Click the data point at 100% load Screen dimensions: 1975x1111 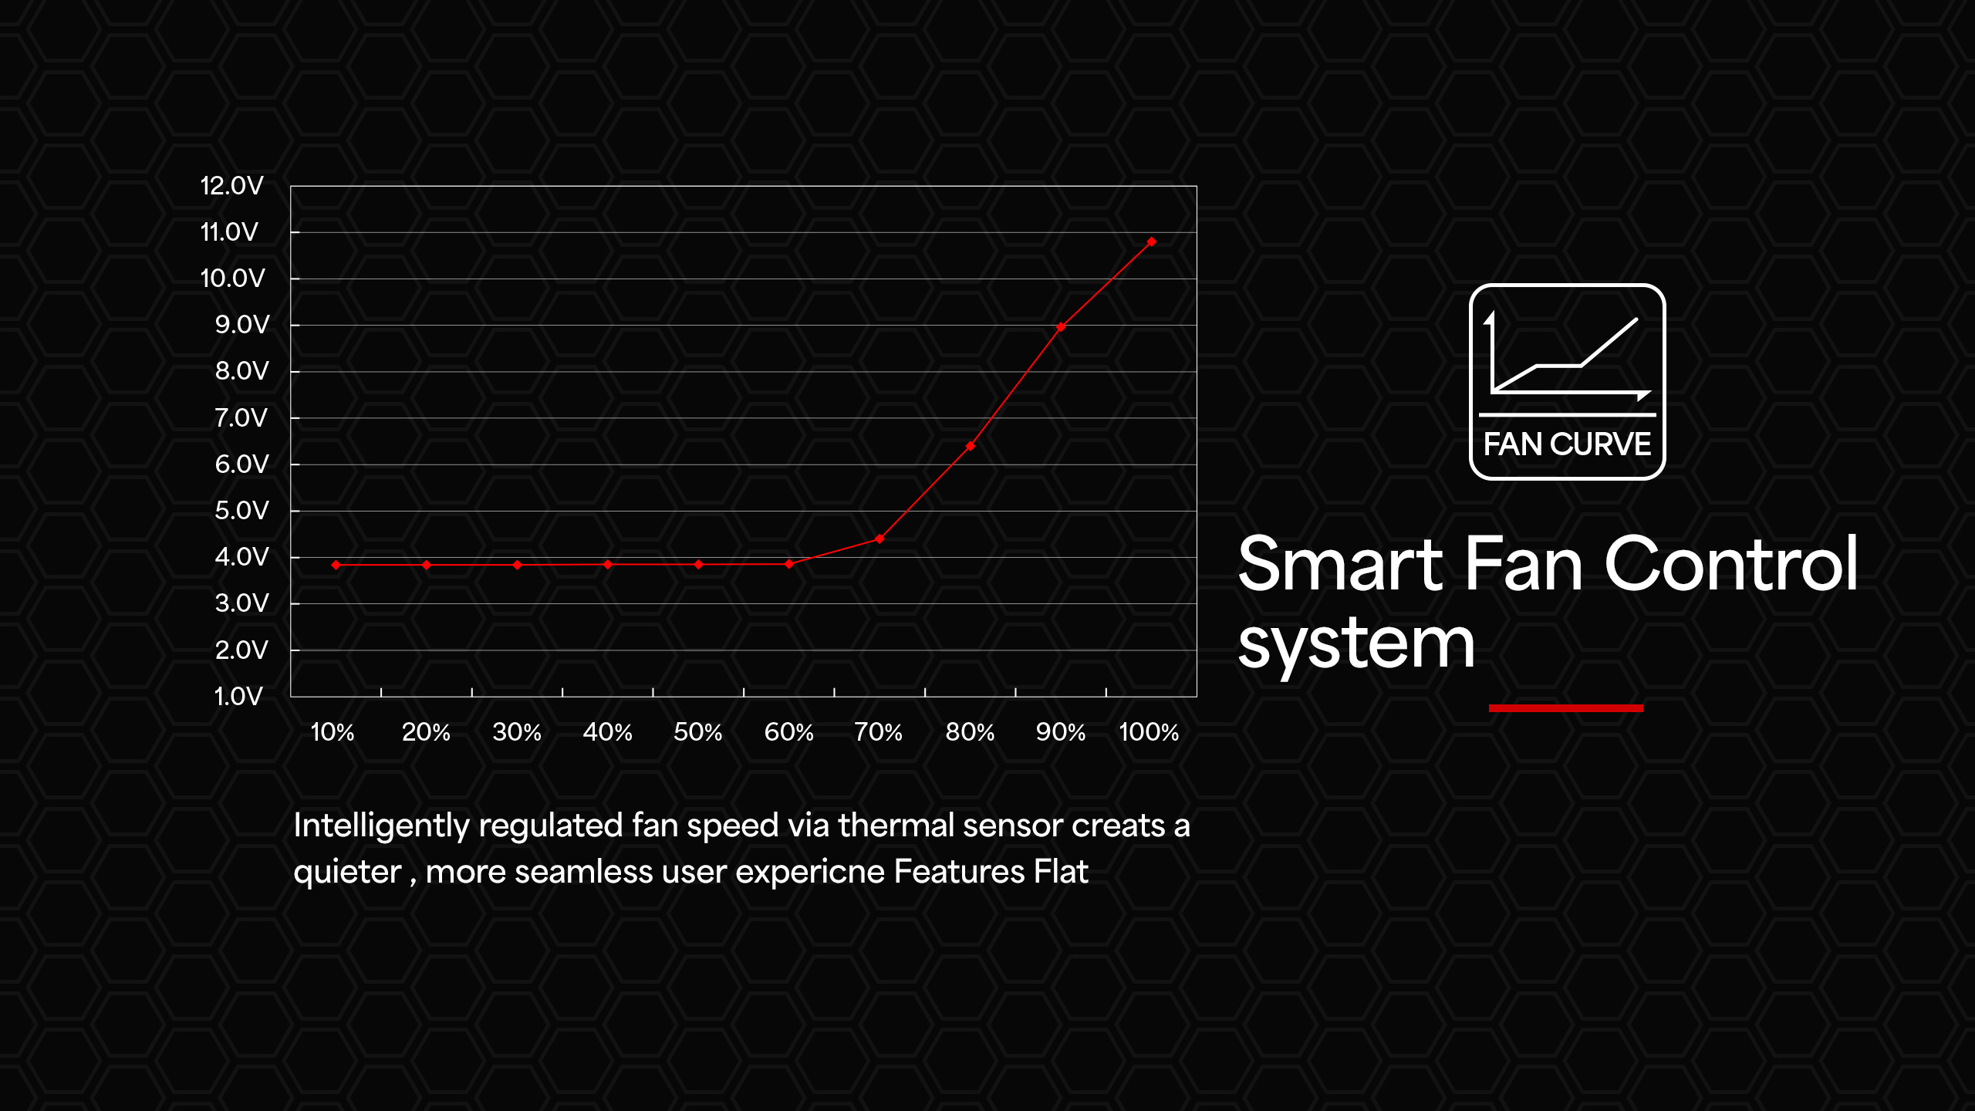[1151, 241]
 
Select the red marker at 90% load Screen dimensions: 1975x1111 [1061, 327]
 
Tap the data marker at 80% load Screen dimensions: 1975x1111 [970, 446]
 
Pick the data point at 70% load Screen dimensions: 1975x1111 [879, 539]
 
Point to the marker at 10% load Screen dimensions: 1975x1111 [336, 565]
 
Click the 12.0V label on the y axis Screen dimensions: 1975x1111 [231, 186]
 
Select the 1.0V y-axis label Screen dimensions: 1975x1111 [238, 697]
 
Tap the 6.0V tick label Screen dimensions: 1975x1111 [241, 464]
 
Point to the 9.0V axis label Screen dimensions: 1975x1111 [242, 325]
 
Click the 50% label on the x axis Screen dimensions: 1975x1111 [697, 732]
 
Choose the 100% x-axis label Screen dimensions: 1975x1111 [1149, 732]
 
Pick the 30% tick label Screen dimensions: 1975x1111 [517, 732]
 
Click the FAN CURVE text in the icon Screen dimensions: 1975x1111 [1567, 444]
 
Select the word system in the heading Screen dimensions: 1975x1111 [1356, 645]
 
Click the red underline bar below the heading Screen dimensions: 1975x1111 [1565, 708]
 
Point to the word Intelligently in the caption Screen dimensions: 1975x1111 [381, 826]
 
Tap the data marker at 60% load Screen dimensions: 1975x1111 [788, 564]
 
